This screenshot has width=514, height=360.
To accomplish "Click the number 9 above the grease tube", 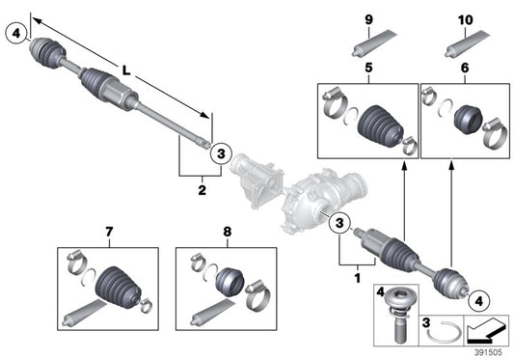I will click(366, 20).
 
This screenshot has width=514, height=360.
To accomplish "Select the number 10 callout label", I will click(466, 20).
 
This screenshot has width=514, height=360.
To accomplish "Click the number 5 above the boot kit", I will click(366, 69).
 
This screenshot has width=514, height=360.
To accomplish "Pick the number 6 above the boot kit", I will click(466, 69).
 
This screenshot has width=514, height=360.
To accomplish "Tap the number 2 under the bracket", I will click(202, 190).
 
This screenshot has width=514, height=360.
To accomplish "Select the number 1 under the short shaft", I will click(357, 277).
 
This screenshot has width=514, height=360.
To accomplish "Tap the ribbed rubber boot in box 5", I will click(374, 125).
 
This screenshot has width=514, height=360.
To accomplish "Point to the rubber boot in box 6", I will click(466, 118).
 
